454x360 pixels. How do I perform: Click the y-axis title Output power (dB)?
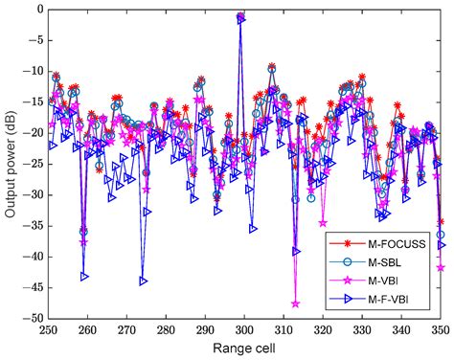pyautogui.click(x=11, y=164)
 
